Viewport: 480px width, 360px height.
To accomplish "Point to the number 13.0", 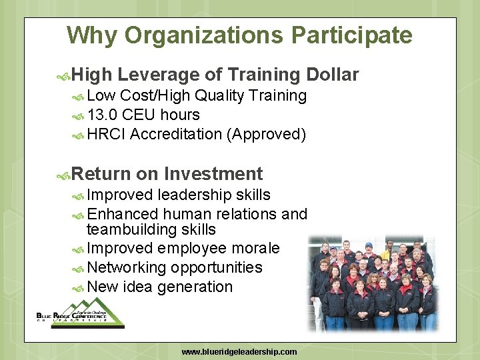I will [103, 115].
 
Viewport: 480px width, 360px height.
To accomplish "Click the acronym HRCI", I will [107, 134].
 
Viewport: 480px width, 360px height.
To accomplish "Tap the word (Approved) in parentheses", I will [266, 134].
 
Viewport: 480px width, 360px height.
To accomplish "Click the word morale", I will [255, 248].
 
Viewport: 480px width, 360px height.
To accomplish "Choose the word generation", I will [195, 287].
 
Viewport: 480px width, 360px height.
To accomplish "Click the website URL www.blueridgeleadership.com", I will [239, 351].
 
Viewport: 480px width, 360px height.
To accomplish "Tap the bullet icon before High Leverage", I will [64, 75].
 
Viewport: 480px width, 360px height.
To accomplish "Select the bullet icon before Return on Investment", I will [64, 175].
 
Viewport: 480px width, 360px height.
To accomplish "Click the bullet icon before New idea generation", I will [78, 287].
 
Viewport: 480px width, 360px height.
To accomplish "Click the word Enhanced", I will [122, 214].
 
